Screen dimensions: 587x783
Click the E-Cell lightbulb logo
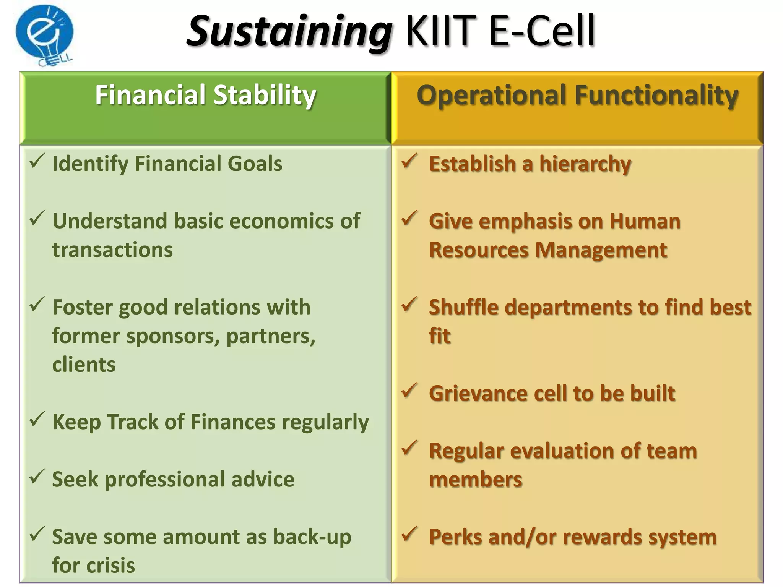44,35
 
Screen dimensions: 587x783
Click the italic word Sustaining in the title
289,32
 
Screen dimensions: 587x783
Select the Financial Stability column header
205,95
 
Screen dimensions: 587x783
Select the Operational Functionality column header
577,95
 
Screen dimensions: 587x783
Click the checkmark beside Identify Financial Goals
37,161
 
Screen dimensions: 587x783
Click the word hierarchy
585,164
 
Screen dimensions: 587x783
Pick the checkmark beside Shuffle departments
409,304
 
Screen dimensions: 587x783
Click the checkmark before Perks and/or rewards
409,534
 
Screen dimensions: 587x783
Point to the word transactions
112,250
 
